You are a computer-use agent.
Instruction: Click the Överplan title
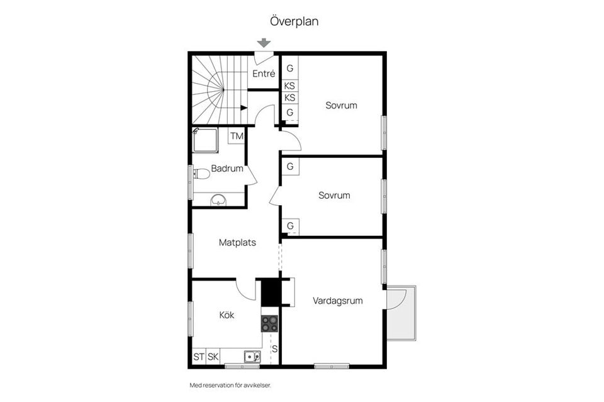[294, 21]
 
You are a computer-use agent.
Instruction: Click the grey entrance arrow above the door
[264, 42]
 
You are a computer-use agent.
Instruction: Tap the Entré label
[264, 74]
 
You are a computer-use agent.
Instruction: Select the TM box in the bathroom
[237, 136]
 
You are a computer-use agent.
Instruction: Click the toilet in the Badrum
[201, 174]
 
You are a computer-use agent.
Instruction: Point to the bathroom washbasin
[218, 200]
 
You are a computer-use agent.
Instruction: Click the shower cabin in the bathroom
[205, 140]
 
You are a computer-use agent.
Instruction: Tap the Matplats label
[237, 243]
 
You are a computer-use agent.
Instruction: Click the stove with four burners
[269, 323]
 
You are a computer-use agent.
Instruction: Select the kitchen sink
[252, 357]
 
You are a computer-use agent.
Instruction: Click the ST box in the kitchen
[199, 357]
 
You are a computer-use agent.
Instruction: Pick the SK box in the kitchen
[213, 357]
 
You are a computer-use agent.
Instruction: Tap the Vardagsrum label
[337, 301]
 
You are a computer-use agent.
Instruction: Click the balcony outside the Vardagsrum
[401, 313]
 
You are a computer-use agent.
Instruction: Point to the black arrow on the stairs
[244, 108]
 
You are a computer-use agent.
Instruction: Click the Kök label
[226, 315]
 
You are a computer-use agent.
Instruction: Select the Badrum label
[227, 168]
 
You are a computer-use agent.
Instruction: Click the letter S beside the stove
[275, 349]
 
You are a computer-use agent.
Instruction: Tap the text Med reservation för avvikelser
[230, 385]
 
